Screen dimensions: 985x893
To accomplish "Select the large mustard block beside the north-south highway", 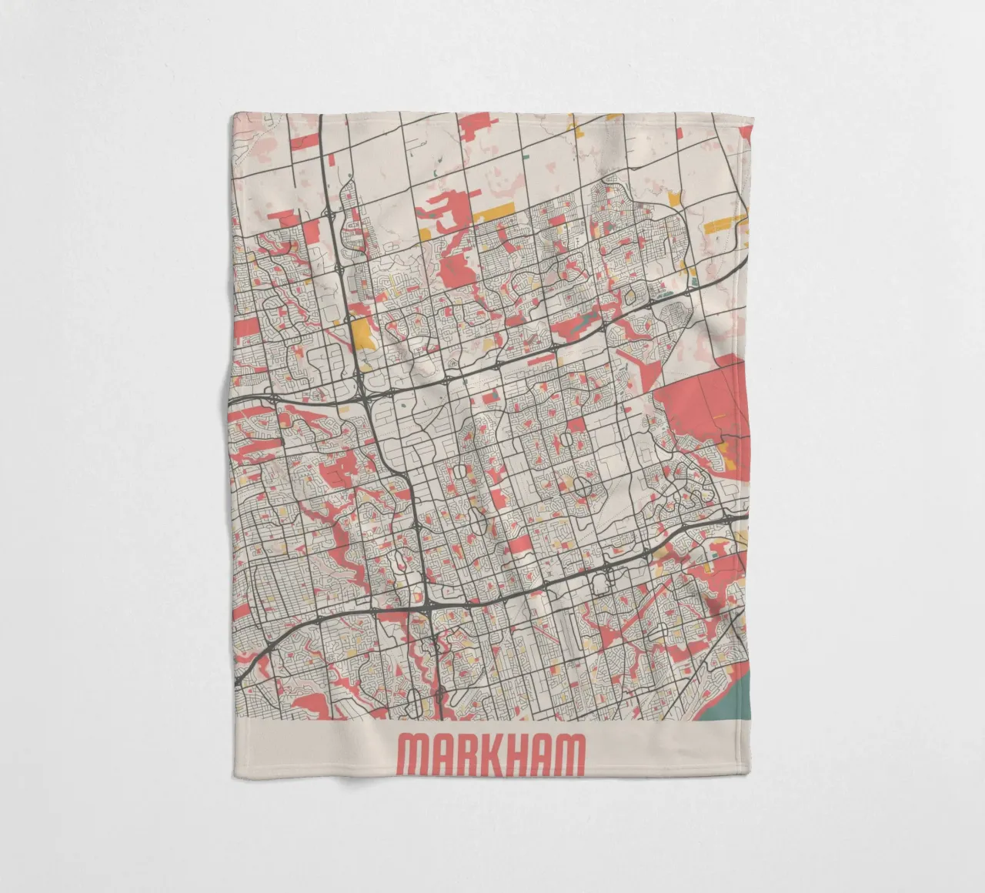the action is click(x=361, y=333).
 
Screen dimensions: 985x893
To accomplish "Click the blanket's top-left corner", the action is click(x=232, y=115).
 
